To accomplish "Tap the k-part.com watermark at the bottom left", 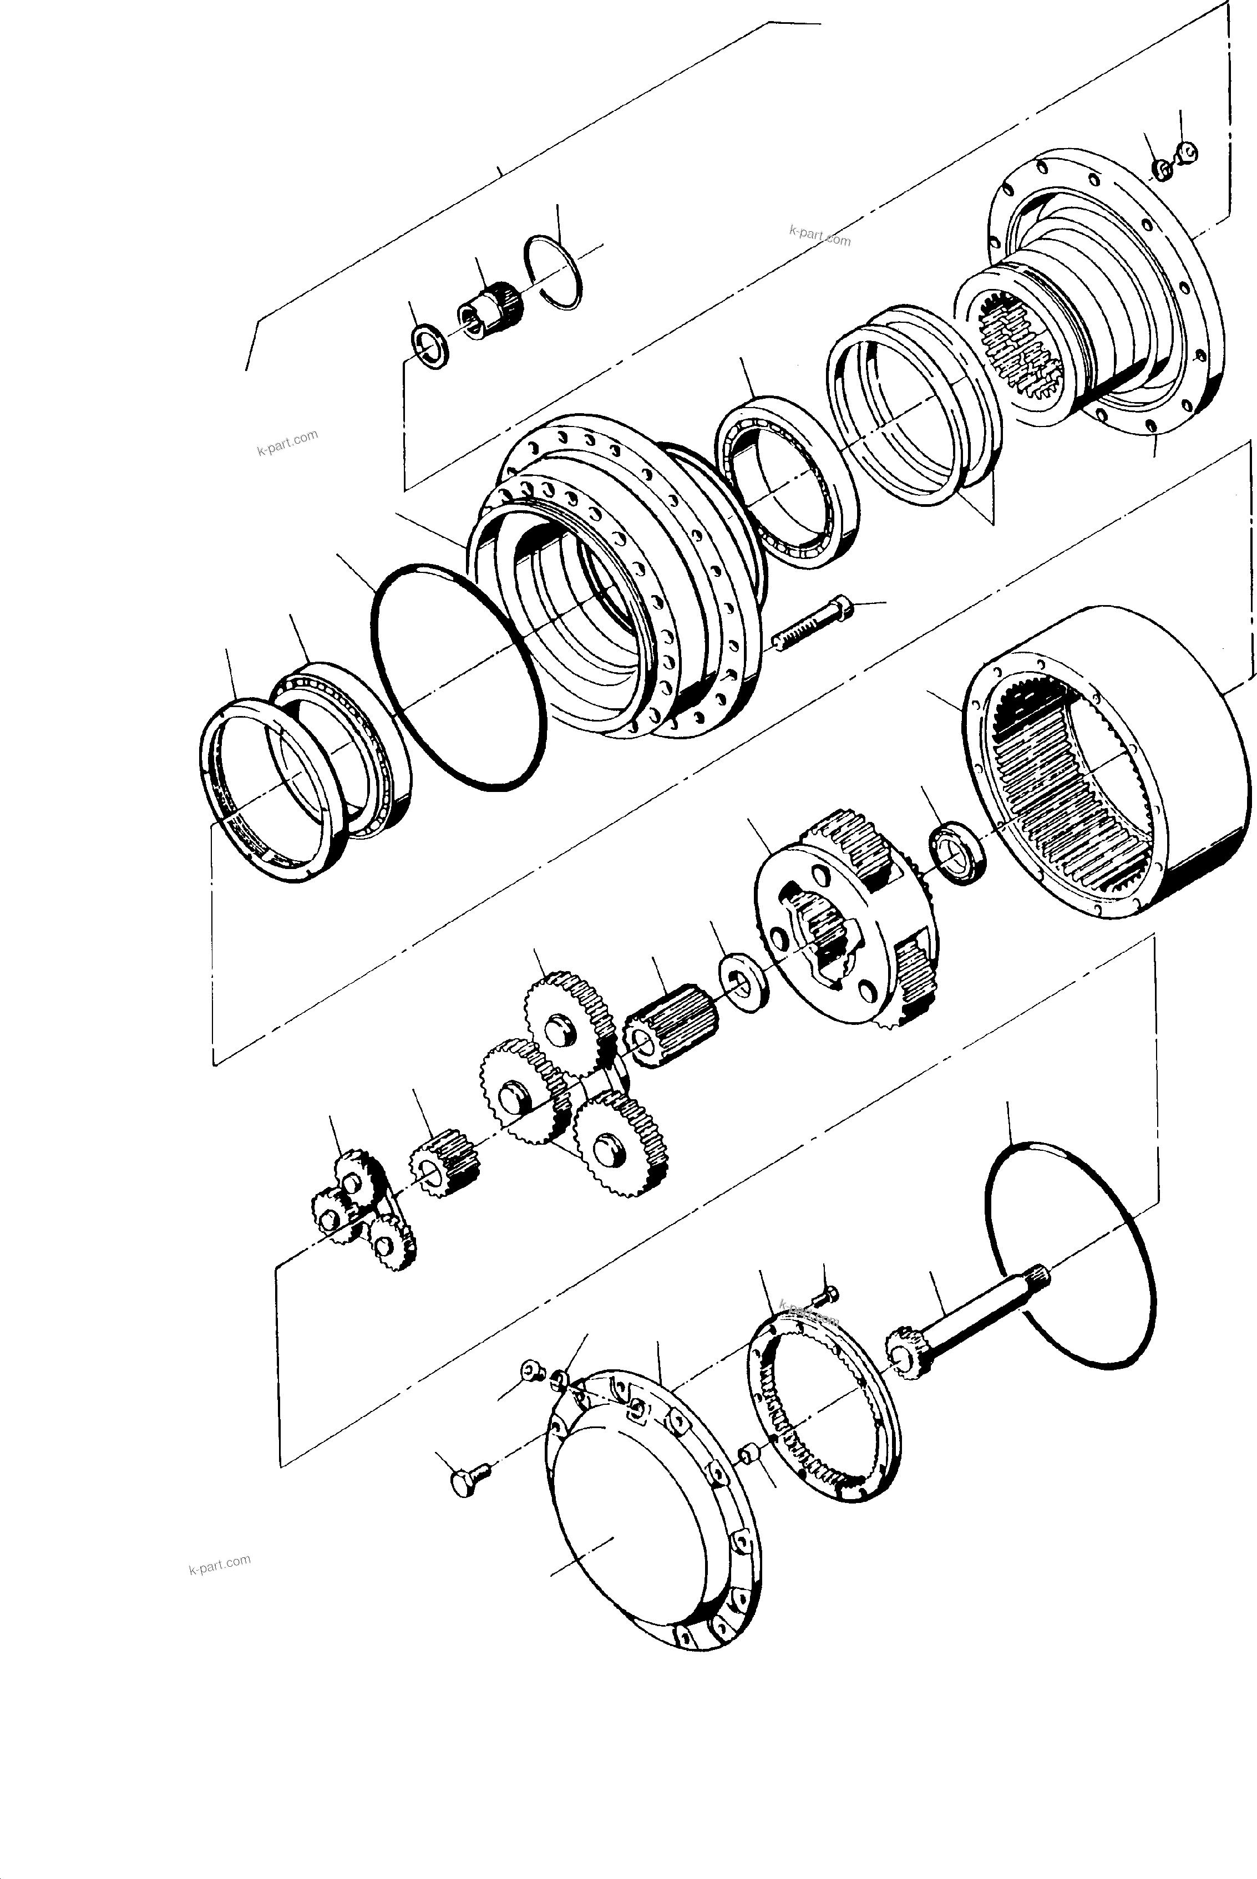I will pos(220,1564).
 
